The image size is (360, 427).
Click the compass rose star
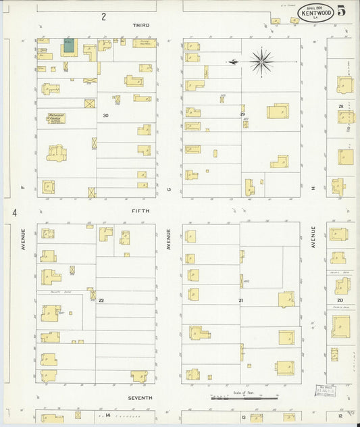click(261, 61)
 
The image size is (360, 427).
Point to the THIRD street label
click(140, 25)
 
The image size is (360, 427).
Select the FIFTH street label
click(140, 211)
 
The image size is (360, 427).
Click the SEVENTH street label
click(140, 398)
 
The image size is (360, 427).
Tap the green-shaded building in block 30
click(69, 48)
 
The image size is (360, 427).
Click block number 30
click(105, 116)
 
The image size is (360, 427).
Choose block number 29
click(242, 115)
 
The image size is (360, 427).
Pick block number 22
click(101, 300)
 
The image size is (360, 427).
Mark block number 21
click(240, 300)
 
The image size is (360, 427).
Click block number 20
click(340, 300)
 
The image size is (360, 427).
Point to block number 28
click(341, 107)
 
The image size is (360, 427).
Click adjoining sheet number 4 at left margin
click(14, 212)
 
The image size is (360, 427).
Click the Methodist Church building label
click(56, 118)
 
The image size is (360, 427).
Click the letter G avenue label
click(169, 191)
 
